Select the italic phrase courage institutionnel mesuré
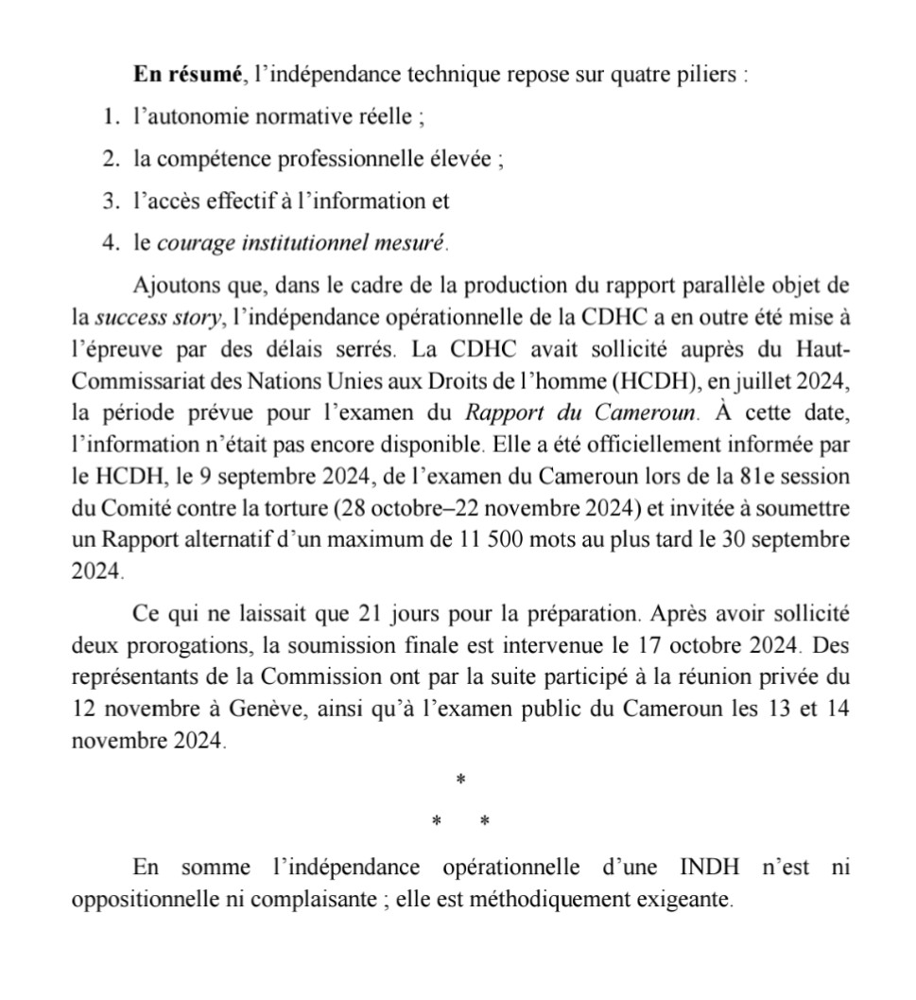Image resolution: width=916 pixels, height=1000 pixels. pyautogui.click(x=301, y=242)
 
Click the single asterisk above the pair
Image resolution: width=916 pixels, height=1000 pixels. pyautogui.click(x=460, y=780)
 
